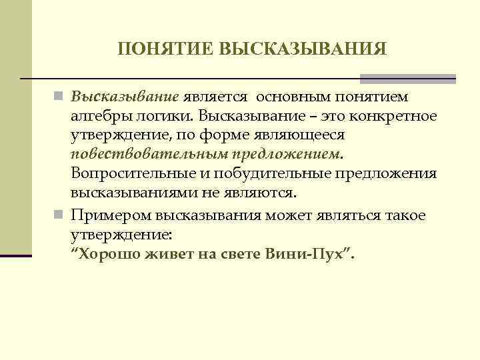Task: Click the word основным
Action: tap(299, 97)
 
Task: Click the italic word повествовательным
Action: tap(150, 155)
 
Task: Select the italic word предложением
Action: tap(287, 155)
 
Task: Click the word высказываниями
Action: tap(127, 193)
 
